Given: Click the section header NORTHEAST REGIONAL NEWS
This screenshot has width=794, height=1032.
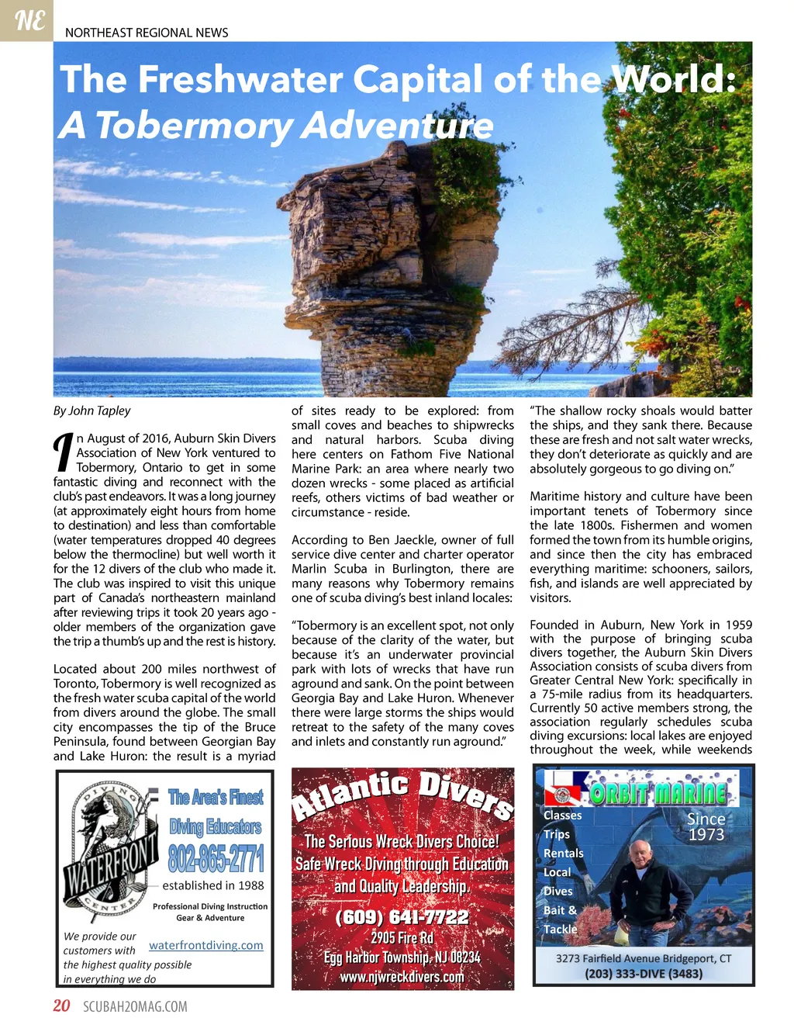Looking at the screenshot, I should point(147,33).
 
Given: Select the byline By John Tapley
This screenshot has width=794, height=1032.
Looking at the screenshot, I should point(92,410).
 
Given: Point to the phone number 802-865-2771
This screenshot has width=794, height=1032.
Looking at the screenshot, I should point(216,858).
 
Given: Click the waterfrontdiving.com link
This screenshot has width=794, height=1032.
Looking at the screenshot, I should point(206,945).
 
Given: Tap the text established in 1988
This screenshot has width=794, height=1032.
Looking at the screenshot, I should point(213,885).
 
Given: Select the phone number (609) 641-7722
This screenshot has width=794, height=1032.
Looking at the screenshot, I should point(402,917).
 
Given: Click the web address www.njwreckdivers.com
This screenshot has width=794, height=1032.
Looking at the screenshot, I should point(402,977).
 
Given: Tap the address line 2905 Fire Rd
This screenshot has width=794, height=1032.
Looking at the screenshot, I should point(402,938).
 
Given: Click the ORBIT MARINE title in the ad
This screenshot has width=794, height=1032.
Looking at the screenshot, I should point(658,793).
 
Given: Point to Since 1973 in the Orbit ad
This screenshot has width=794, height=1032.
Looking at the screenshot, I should point(706,826).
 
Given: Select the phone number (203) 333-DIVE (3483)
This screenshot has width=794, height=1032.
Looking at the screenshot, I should point(644,974).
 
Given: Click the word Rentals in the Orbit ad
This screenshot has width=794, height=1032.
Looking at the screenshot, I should point(564,853).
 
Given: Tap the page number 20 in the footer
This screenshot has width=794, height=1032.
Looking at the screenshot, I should point(61,1006).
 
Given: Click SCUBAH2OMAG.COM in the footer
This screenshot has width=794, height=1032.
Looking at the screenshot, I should point(135,1007).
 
